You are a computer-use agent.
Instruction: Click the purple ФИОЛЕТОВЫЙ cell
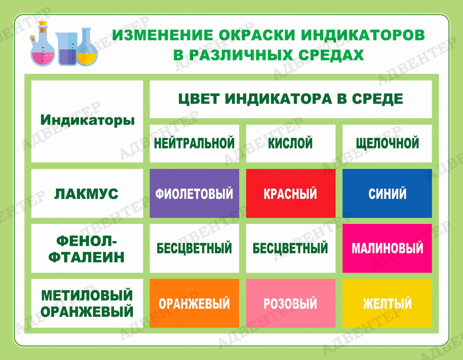coord(194,193)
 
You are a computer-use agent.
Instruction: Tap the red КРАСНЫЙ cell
coord(290,193)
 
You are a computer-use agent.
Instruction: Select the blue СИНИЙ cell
coord(387,193)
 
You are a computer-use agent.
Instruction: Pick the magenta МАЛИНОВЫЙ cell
coord(387,248)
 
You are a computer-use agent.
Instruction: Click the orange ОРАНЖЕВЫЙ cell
coord(194,303)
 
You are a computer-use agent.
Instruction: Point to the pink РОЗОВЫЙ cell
coord(290,303)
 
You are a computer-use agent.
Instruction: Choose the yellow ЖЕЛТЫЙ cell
coord(387,303)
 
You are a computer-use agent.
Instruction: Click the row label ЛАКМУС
coord(87,193)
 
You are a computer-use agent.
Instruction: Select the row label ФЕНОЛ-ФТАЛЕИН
coord(87,248)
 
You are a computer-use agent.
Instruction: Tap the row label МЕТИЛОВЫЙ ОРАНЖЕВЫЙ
coord(87,303)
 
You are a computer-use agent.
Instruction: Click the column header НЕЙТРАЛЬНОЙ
coord(194,143)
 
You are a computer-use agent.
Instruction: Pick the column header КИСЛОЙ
coord(290,143)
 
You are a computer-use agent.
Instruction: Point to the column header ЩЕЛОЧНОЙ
coord(387,143)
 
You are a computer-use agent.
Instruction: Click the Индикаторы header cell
coord(87,121)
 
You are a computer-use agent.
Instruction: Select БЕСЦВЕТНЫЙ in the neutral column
coord(194,248)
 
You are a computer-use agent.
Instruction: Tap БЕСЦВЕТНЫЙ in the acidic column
coord(290,248)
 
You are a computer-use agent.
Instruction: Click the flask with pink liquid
coord(43,51)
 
